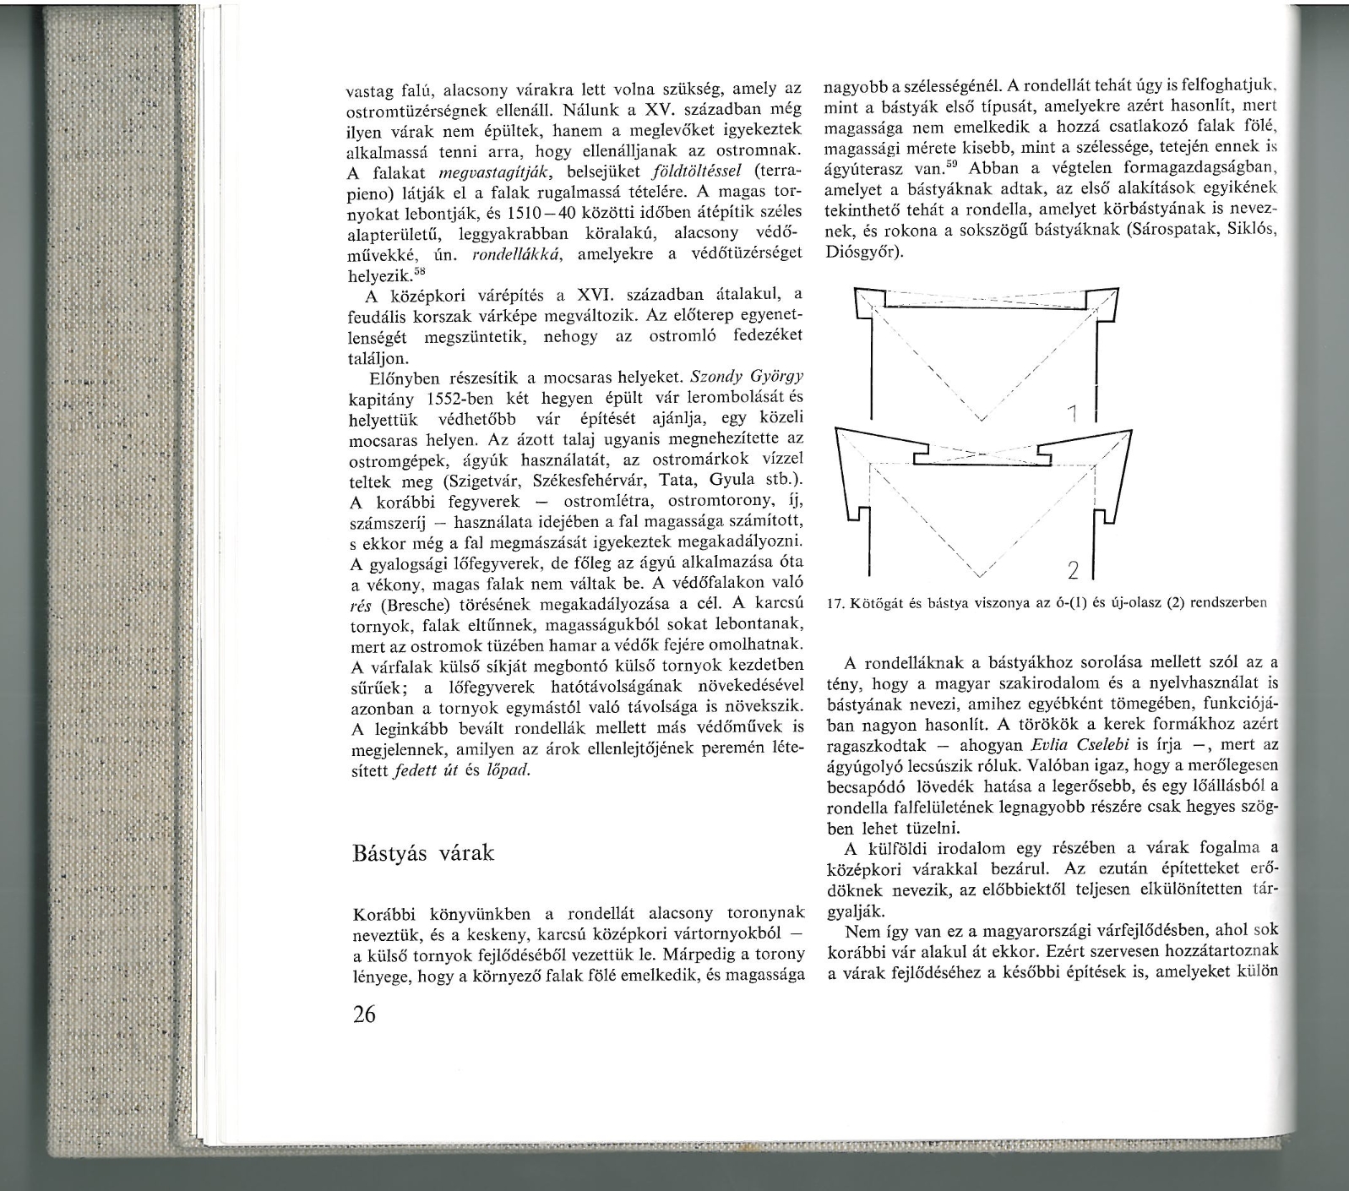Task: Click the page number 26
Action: tap(364, 1014)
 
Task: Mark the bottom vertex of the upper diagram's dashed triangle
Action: tap(981, 418)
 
